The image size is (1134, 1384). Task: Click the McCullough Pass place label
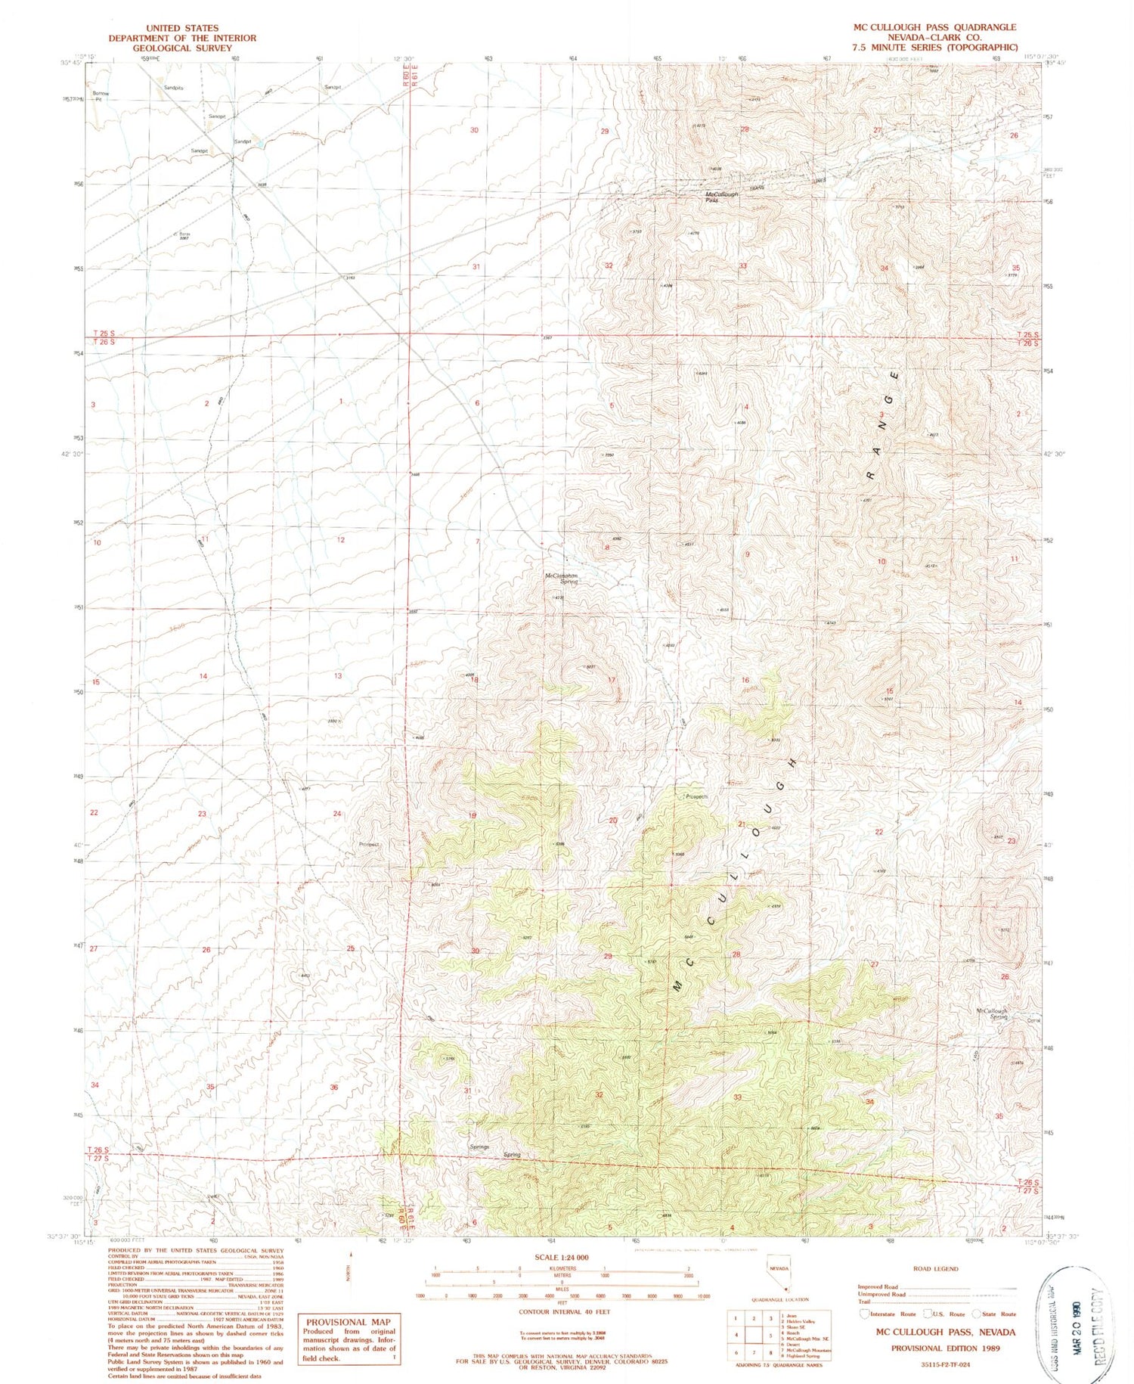pyautogui.click(x=721, y=197)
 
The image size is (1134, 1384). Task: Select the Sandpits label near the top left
pyautogui.click(x=174, y=88)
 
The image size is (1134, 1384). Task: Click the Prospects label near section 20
pyautogui.click(x=696, y=796)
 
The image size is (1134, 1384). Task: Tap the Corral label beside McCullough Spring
pyautogui.click(x=1033, y=1021)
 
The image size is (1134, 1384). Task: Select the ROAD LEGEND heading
pyautogui.click(x=936, y=1269)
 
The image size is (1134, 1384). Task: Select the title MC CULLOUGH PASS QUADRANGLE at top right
pyautogui.click(x=934, y=27)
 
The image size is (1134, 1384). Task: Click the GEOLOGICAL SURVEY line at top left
pyautogui.click(x=182, y=48)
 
